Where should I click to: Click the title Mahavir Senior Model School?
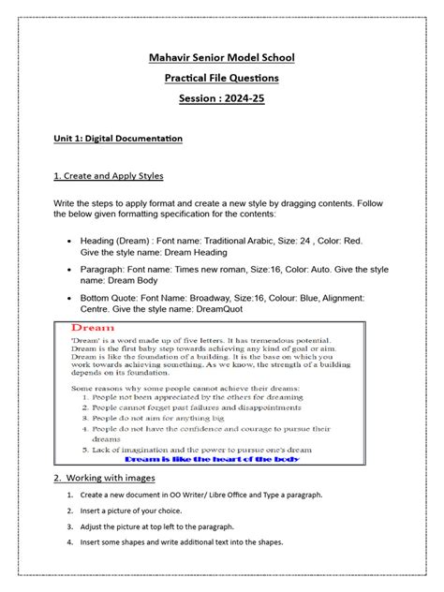point(221,59)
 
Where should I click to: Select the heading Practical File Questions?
point(221,79)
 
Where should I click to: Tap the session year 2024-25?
point(242,99)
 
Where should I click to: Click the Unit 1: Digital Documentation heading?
point(117,139)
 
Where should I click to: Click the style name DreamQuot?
point(238,310)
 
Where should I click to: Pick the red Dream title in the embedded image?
point(93,329)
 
